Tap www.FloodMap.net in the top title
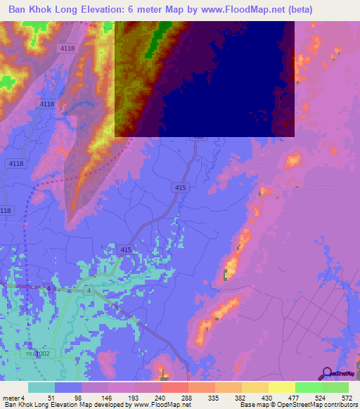click(239, 9)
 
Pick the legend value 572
click(346, 398)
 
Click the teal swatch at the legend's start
click(41, 387)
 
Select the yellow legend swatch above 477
click(282, 387)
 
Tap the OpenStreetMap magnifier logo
click(326, 374)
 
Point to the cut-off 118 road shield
click(6, 210)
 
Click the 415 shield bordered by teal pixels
click(126, 249)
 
